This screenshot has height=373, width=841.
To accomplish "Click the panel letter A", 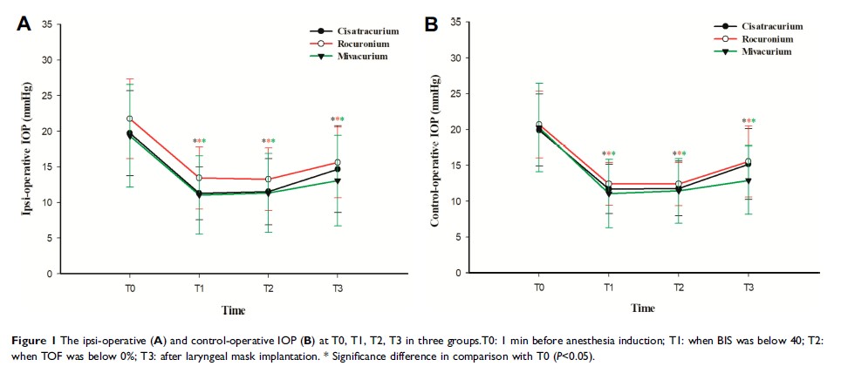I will (24, 24).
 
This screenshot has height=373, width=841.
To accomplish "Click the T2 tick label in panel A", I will (269, 287).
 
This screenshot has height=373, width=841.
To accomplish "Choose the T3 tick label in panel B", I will (748, 287).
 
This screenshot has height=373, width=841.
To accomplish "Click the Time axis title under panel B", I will (643, 308).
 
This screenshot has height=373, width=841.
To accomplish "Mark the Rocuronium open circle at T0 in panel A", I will (130, 119).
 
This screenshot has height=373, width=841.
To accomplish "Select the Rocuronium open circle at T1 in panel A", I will (200, 178).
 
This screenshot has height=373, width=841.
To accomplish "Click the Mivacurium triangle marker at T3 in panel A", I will (338, 180).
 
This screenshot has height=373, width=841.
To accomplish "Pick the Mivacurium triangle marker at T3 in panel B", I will (748, 180).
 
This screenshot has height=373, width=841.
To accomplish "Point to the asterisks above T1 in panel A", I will (200, 141).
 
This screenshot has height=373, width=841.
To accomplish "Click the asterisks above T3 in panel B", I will (748, 121).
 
